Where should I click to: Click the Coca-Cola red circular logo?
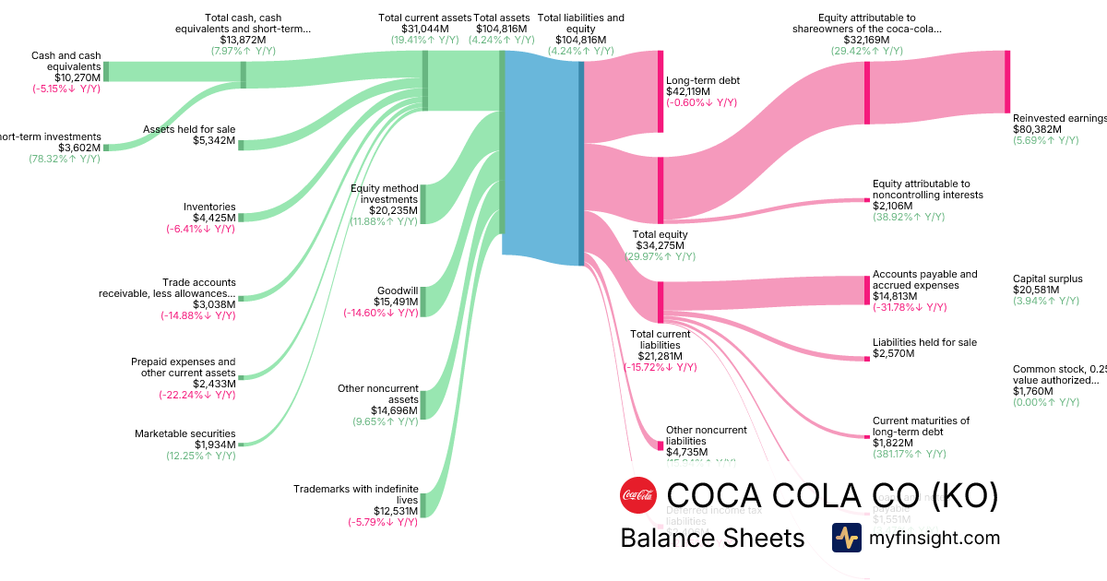(x=637, y=495)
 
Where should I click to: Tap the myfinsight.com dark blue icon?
(x=846, y=538)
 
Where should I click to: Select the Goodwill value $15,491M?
(x=396, y=302)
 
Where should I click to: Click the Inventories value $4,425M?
(x=212, y=218)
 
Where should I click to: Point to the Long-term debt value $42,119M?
(x=688, y=92)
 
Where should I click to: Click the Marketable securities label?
(x=184, y=433)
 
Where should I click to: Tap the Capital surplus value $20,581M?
(x=1036, y=290)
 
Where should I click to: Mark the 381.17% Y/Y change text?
(x=909, y=454)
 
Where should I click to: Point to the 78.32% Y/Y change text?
(x=65, y=159)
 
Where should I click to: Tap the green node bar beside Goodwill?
(x=424, y=302)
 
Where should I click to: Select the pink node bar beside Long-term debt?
(x=661, y=92)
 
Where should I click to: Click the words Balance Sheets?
(x=712, y=538)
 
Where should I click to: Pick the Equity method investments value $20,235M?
(x=394, y=210)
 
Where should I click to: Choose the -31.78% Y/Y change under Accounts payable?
(x=910, y=307)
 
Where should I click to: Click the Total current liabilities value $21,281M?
(x=660, y=356)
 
